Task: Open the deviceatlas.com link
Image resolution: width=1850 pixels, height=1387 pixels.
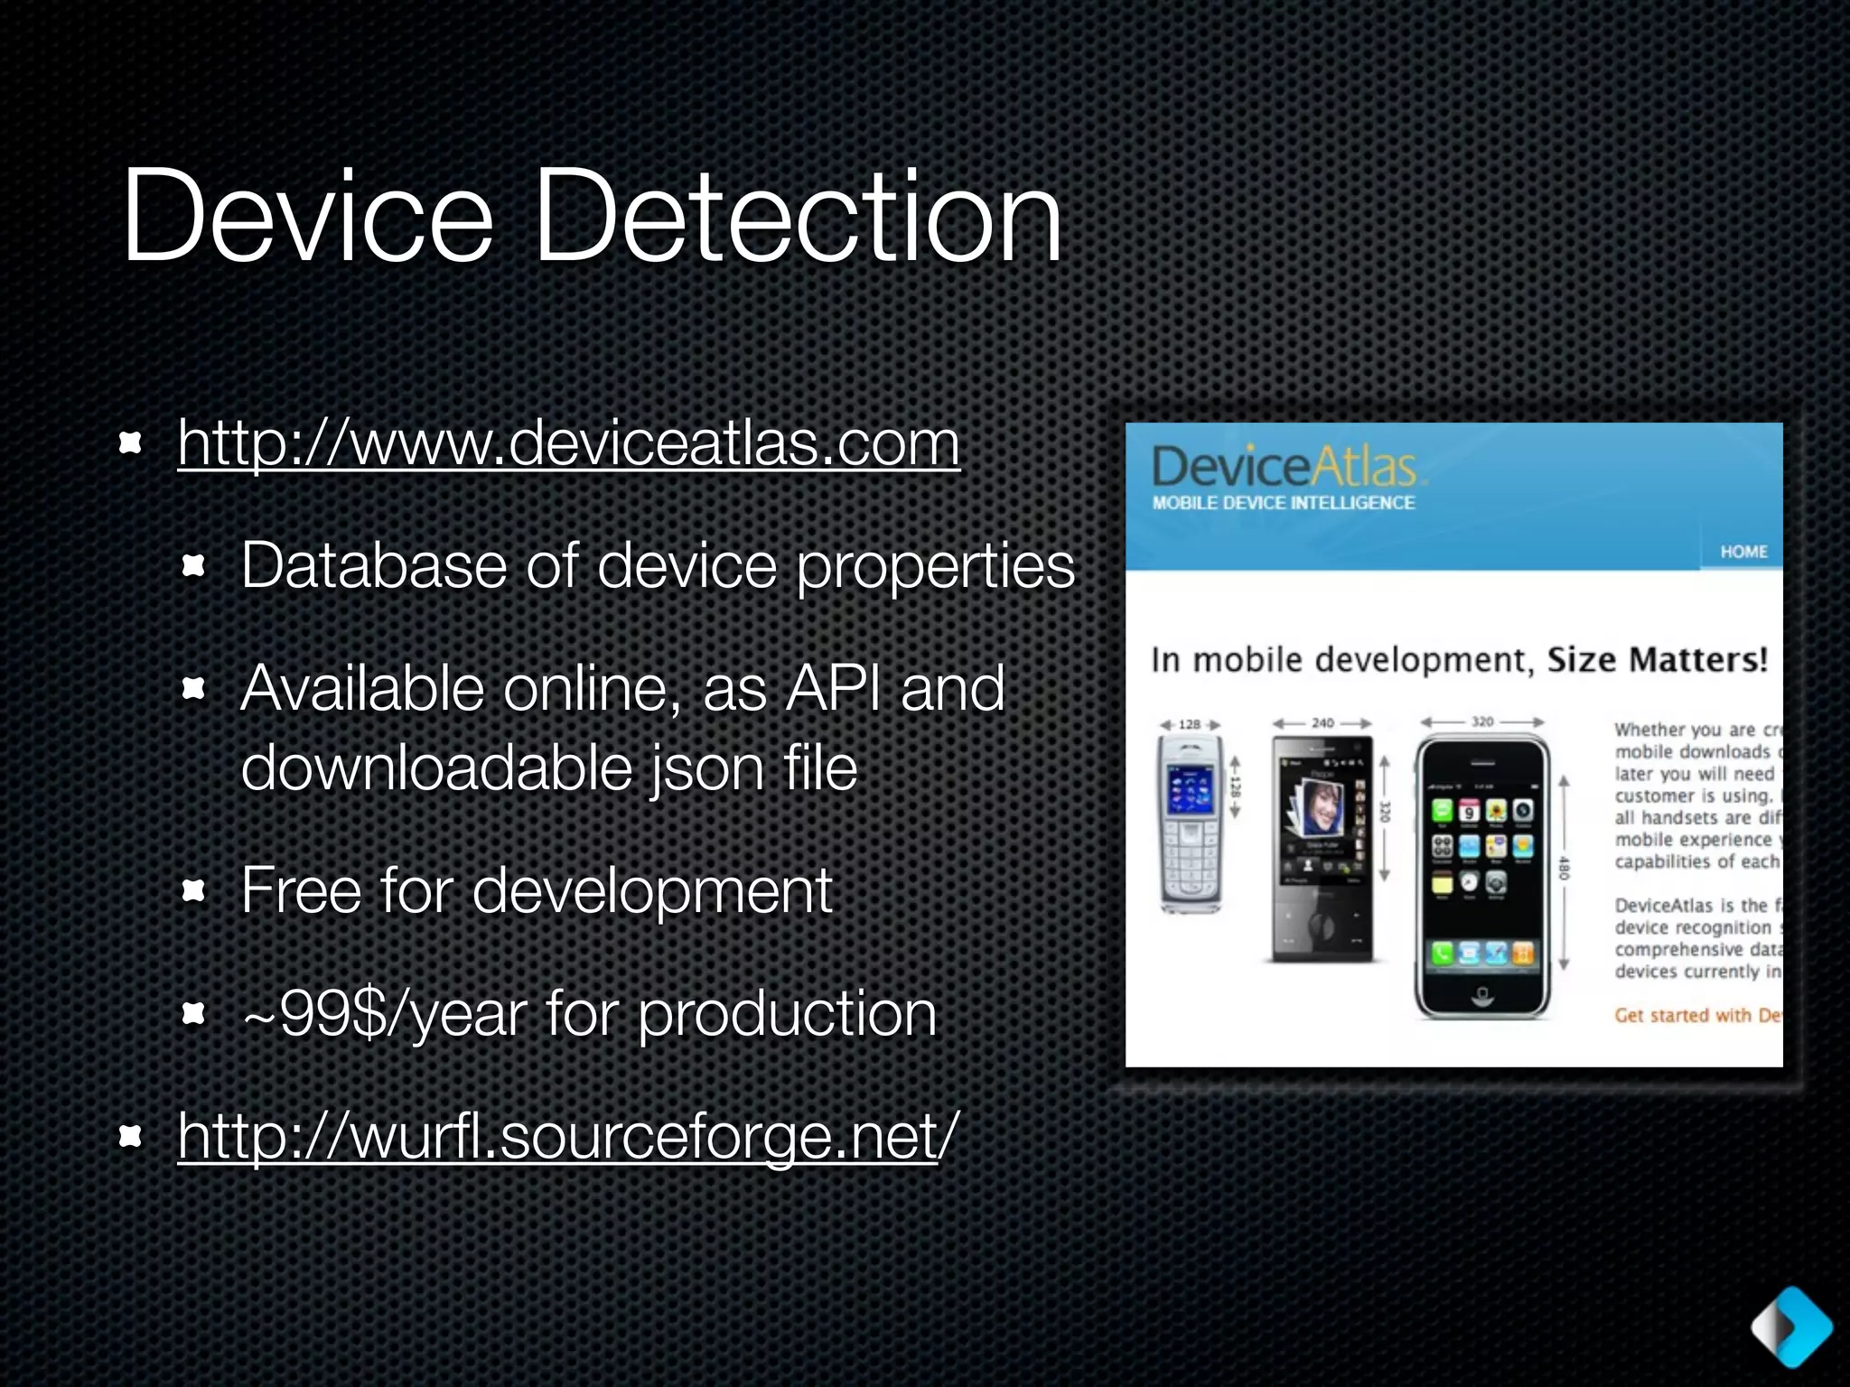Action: pos(568,443)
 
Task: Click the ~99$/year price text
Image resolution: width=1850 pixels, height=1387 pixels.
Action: pos(385,1014)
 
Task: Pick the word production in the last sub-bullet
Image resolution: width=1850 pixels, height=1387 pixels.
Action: pos(787,1014)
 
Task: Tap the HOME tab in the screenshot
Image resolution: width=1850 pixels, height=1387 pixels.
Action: pos(1743,552)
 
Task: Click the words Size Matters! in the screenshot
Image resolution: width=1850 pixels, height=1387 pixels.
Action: pos(1657,660)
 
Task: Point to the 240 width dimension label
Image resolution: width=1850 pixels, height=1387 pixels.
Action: pos(1322,723)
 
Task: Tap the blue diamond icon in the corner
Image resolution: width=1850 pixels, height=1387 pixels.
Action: pos(1792,1326)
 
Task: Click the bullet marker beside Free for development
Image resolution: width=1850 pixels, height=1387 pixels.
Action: pos(193,892)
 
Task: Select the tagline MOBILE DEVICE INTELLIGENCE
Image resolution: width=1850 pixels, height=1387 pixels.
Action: pos(1284,503)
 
